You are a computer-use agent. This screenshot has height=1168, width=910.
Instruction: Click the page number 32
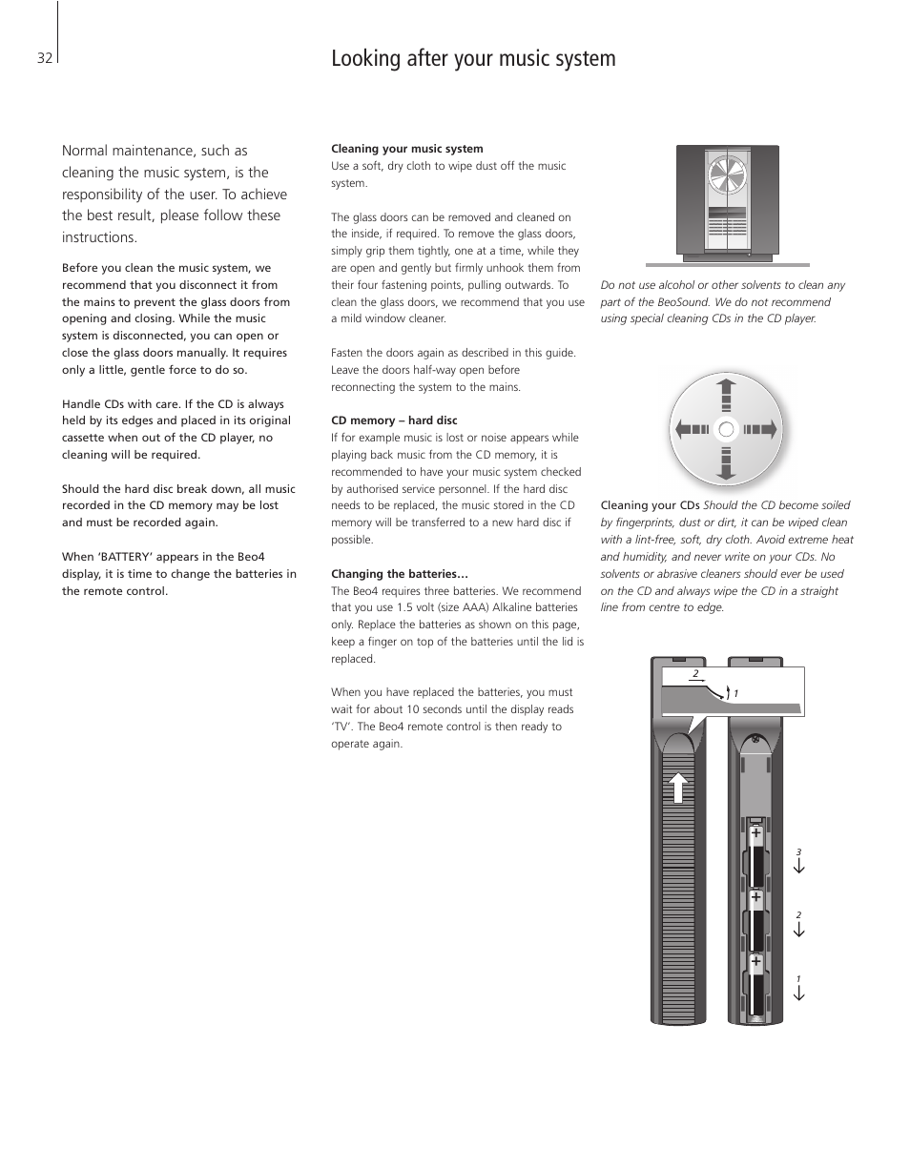(44, 58)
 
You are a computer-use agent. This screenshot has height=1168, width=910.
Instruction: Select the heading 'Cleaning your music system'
(406, 149)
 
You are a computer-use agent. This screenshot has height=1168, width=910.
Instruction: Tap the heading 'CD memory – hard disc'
(394, 420)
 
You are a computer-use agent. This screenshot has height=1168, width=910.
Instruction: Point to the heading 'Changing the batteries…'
(400, 574)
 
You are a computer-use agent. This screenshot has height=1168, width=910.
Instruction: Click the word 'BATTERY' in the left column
(124, 557)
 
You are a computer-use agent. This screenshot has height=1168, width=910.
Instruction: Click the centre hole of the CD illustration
(726, 429)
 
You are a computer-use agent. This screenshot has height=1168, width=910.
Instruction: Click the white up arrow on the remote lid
(677, 788)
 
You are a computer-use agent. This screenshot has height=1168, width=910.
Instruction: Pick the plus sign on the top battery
(755, 832)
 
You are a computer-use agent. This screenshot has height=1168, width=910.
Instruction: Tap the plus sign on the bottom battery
(755, 962)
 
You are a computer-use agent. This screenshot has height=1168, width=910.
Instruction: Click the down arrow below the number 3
(799, 866)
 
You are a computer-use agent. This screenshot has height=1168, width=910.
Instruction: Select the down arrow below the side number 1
(799, 993)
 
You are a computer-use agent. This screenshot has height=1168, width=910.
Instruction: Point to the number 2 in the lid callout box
(695, 674)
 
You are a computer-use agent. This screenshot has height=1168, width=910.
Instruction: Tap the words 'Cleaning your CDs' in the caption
(650, 505)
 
